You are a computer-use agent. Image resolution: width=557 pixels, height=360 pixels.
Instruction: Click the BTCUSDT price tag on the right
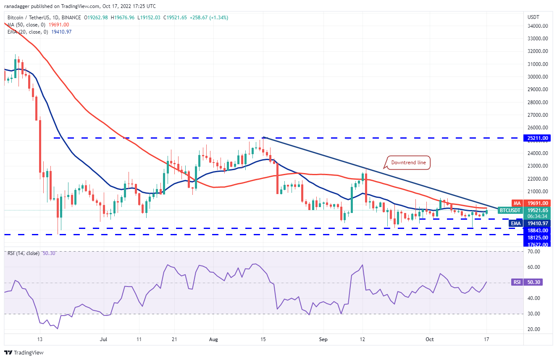pyautogui.click(x=510, y=210)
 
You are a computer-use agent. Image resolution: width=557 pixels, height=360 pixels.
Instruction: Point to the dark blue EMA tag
pyautogui.click(x=515, y=223)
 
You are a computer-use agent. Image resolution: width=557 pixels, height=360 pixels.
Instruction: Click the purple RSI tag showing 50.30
pyautogui.click(x=516, y=283)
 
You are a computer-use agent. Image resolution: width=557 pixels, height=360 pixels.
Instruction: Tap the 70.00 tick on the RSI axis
pyautogui.click(x=533, y=251)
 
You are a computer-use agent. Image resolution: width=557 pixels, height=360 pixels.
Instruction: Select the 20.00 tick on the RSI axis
pyautogui.click(x=533, y=329)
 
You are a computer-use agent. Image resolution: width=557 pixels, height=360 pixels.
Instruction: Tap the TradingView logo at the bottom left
pyautogui.click(x=24, y=352)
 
